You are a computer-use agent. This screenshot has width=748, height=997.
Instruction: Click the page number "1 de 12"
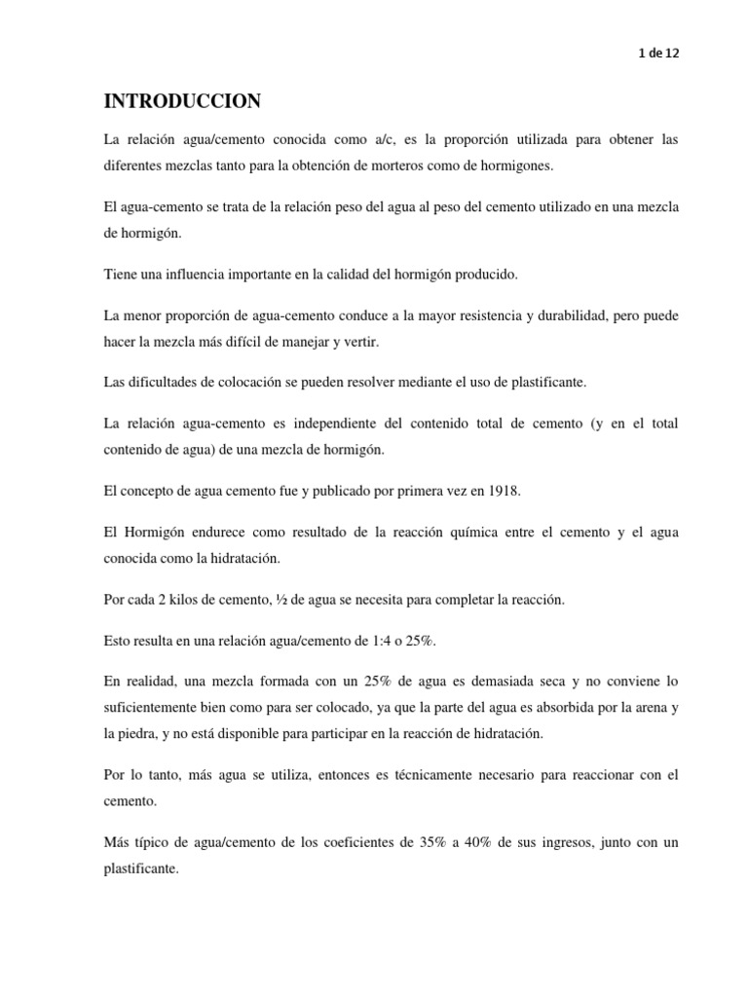click(658, 55)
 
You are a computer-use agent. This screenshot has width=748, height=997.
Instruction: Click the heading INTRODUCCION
click(183, 102)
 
